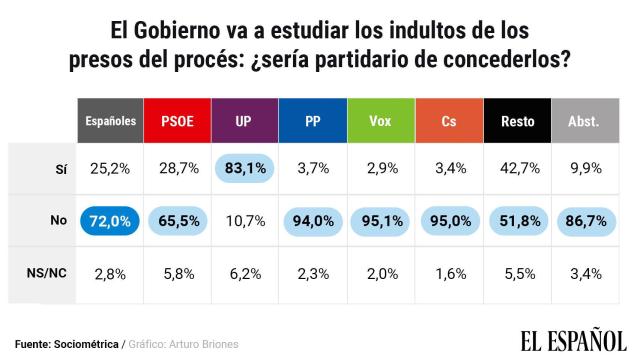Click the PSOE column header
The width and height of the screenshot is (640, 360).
tap(178, 121)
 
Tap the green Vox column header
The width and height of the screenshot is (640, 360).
tap(380, 121)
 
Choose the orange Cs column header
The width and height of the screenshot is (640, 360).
tap(447, 121)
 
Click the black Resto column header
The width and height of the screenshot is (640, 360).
tap(516, 121)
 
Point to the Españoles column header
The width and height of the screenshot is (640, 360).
tap(109, 121)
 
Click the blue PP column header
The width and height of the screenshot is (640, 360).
tap(313, 121)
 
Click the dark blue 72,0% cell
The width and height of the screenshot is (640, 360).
tap(109, 221)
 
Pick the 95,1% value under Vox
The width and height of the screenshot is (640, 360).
tap(380, 221)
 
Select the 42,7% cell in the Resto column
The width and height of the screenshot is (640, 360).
tap(516, 169)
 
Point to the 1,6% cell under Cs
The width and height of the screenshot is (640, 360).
tap(447, 273)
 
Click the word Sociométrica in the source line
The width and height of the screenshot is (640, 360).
tap(85, 344)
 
